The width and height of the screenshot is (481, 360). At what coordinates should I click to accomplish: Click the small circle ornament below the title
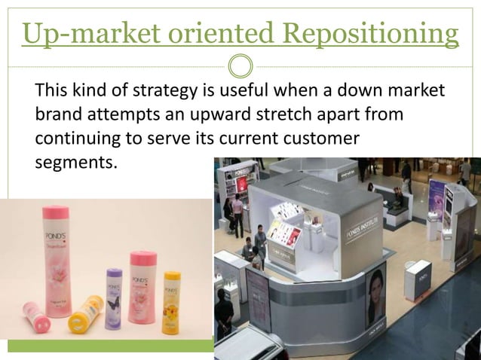coord(240,66)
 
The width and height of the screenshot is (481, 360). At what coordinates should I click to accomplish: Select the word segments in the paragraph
coord(75,161)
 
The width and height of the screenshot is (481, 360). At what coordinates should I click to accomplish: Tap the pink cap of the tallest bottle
coord(57,213)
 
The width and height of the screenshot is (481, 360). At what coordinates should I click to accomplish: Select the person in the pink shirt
coord(238,211)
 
